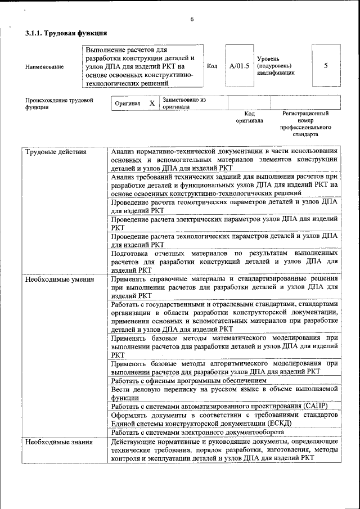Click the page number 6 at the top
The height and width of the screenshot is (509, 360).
pyautogui.click(x=192, y=20)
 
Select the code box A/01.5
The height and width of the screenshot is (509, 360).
pyautogui.click(x=239, y=66)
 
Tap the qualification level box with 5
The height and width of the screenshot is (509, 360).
pyautogui.click(x=326, y=66)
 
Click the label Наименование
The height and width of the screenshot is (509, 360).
pyautogui.click(x=44, y=67)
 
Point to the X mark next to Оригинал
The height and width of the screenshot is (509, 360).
pyautogui.click(x=152, y=103)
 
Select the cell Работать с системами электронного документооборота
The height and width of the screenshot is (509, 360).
pyautogui.click(x=197, y=432)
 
